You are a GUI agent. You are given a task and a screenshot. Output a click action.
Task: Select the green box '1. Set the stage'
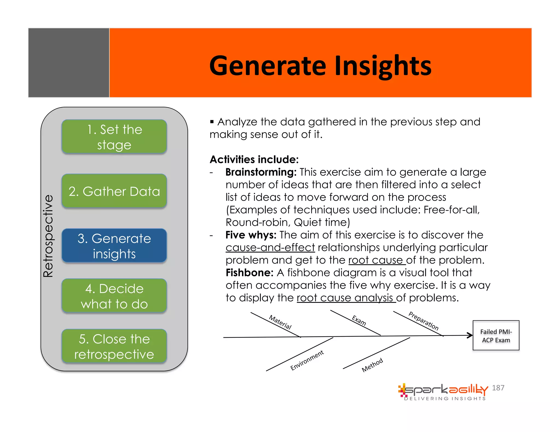pyautogui.click(x=114, y=137)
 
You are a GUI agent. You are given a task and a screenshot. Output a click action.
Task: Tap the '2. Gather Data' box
pyautogui.click(x=114, y=191)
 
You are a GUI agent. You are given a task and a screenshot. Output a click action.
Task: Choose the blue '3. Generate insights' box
pyautogui.click(x=114, y=246)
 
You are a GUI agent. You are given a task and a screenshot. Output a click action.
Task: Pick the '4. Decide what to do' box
pyautogui.click(x=114, y=296)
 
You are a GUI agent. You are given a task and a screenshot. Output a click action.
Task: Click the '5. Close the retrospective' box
pyautogui.click(x=114, y=346)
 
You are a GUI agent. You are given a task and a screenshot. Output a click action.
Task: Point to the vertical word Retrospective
pyautogui.click(x=48, y=236)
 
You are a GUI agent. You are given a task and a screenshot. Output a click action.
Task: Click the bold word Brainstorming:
pyautogui.click(x=261, y=172)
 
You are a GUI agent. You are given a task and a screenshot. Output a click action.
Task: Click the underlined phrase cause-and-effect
pyautogui.click(x=270, y=248)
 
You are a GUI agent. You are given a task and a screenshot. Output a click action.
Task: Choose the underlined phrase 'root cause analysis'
pyautogui.click(x=346, y=298)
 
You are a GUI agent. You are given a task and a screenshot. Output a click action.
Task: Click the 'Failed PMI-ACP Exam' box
pyautogui.click(x=496, y=336)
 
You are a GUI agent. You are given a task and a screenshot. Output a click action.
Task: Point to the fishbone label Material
pyautogui.click(x=280, y=322)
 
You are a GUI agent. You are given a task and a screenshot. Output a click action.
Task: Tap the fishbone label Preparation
pyautogui.click(x=423, y=321)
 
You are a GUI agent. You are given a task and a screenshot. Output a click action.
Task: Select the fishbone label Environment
pyautogui.click(x=307, y=360)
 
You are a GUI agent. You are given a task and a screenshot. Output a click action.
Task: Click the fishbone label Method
pyautogui.click(x=372, y=365)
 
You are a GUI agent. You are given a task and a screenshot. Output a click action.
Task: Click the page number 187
pyautogui.click(x=498, y=388)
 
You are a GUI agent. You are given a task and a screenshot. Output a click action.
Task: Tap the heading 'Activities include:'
pyautogui.click(x=254, y=159)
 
